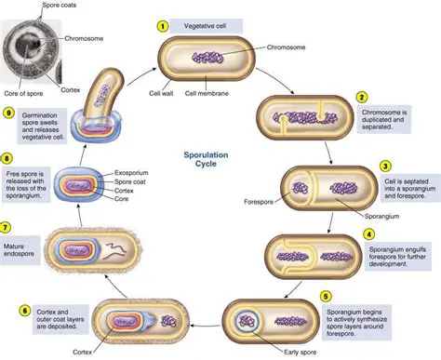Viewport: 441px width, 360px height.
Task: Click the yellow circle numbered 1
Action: point(164,25)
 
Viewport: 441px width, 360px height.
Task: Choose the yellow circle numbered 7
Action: point(7,252)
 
